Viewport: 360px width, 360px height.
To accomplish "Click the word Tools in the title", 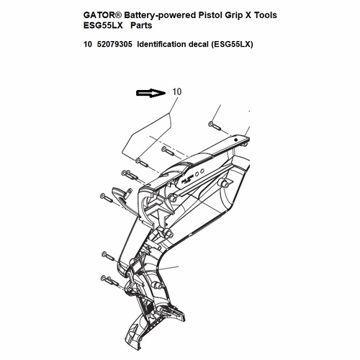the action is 266,15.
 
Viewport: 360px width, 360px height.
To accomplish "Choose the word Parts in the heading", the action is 141,25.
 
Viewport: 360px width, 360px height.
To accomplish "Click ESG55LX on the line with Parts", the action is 103,25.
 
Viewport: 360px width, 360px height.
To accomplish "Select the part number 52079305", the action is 114,45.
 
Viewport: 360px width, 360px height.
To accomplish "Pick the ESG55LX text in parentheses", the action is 232,45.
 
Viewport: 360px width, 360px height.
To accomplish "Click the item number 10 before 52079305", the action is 88,45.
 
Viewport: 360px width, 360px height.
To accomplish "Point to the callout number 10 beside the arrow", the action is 177,91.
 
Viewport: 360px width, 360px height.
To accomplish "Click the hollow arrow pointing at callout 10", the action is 150,93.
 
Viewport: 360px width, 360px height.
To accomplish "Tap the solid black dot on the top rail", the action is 236,140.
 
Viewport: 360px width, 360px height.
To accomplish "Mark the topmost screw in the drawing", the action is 215,125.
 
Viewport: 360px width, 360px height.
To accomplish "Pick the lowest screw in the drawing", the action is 110,280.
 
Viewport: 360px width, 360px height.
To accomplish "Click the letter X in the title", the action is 248,15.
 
